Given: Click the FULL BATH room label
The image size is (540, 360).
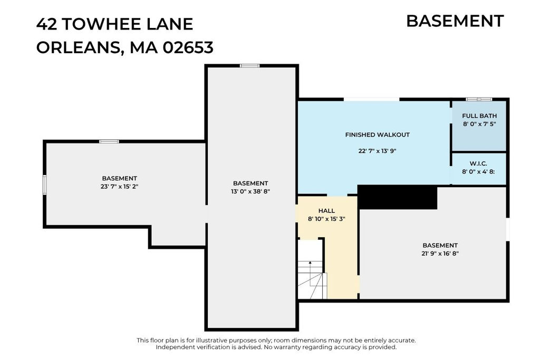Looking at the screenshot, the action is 479,116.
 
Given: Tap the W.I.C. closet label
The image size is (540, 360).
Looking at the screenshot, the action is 478,163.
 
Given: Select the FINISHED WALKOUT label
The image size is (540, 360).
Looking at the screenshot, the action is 378,135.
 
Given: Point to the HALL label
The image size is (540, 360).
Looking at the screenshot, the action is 326,211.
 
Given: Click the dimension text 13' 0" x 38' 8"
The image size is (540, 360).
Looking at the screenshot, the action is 250,191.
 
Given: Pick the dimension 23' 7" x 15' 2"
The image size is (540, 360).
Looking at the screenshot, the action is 120,187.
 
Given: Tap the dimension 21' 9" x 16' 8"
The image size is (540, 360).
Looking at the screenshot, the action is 440,254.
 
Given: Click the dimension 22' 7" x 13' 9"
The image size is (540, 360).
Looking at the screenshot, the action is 378,151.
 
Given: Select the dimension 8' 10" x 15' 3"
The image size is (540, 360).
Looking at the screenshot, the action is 326,219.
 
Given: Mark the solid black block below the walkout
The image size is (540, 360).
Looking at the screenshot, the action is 398,197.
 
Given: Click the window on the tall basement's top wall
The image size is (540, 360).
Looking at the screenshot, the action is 249,66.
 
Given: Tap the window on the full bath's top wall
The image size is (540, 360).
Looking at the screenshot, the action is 479,100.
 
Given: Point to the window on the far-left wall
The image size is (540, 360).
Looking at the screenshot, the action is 45,185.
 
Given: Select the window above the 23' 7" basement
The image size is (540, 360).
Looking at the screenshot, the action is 109,141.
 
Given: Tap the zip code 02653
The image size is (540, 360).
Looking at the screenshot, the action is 188,47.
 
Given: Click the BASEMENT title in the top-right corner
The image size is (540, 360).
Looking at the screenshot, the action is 455,21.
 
